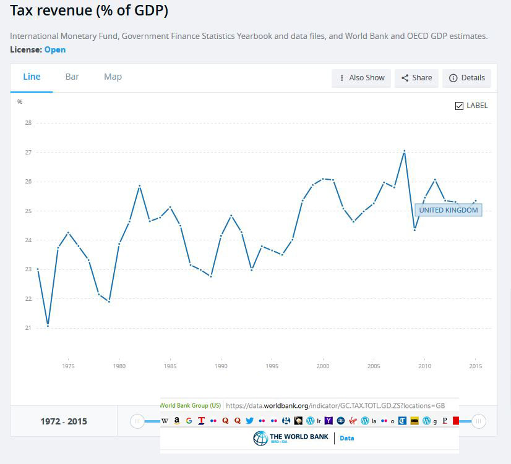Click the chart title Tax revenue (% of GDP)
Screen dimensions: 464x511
click(x=89, y=11)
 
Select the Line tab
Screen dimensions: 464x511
click(x=32, y=77)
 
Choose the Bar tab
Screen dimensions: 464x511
click(x=72, y=77)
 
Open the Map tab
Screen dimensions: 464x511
click(x=113, y=77)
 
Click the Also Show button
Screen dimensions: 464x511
click(x=361, y=78)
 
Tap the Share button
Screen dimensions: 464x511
click(x=416, y=78)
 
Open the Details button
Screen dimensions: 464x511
click(x=466, y=78)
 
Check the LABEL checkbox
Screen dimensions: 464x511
click(x=459, y=106)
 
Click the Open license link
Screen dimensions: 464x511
click(x=55, y=49)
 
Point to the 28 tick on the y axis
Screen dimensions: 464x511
click(x=28, y=123)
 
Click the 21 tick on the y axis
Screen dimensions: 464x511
click(x=28, y=328)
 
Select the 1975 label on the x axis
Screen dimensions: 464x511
click(x=68, y=366)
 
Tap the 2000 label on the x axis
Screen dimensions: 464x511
click(x=322, y=366)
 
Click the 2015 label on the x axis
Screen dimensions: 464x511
click(x=475, y=366)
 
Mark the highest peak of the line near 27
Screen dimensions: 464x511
click(x=404, y=151)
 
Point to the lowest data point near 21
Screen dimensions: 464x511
click(x=48, y=326)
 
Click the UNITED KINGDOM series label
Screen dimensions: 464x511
click(x=449, y=210)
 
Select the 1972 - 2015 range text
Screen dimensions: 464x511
click(x=64, y=421)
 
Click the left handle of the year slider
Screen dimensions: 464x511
click(x=137, y=421)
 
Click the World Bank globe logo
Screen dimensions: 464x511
click(x=260, y=439)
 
